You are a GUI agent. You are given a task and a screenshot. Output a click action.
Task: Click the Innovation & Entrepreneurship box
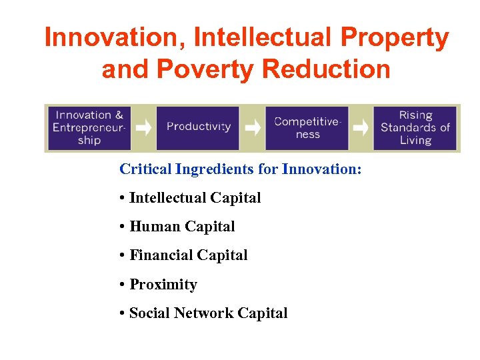(89, 127)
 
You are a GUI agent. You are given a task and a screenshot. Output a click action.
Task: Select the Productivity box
(198, 127)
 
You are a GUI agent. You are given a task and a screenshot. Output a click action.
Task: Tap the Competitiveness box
(307, 127)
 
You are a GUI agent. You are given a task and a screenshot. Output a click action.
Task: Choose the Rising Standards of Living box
(415, 127)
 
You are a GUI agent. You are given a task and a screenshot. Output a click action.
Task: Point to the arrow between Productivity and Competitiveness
(252, 127)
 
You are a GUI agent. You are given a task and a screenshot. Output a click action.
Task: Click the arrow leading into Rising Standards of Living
(361, 127)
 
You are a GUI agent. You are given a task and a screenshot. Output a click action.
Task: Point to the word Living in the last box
(415, 140)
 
